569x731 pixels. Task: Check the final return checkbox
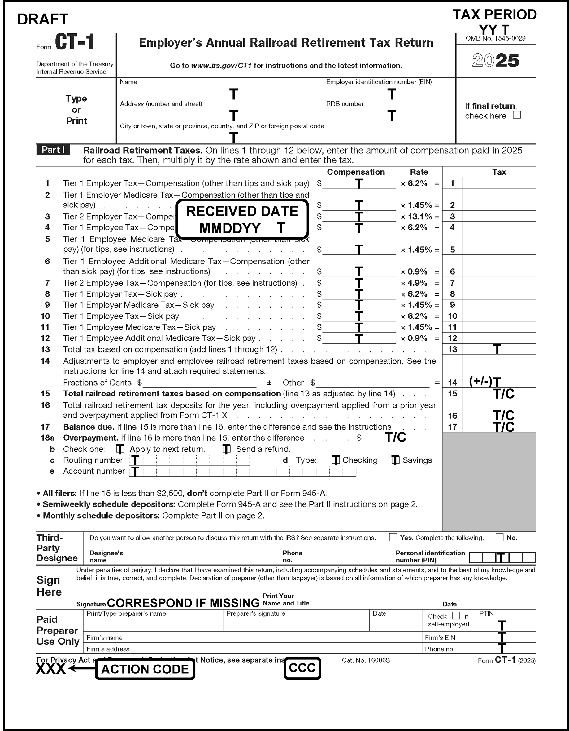coord(517,115)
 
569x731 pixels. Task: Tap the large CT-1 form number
coord(75,42)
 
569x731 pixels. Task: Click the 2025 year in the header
coord(495,61)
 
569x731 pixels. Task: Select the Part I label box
coord(53,150)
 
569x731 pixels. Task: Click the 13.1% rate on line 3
coord(419,216)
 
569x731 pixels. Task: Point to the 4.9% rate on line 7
coord(417,283)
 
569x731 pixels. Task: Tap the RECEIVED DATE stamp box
coord(242,219)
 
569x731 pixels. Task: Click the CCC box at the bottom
coord(302,668)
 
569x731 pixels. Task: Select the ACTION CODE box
coord(145,669)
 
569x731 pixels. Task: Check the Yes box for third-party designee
coord(393,537)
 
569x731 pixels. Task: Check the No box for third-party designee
coord(499,537)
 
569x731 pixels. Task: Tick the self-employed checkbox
coord(456,616)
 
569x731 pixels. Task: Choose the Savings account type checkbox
coord(395,460)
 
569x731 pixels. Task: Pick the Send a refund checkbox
coord(227,449)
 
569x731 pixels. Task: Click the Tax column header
coord(499,172)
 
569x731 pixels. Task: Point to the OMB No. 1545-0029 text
coord(495,38)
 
